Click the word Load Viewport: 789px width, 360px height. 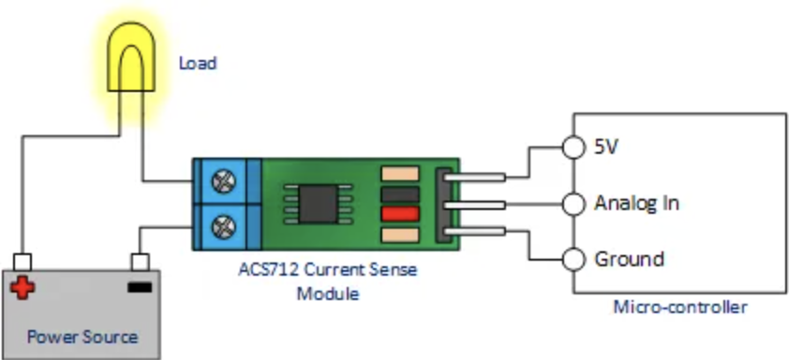coord(198,64)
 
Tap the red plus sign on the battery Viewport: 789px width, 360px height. coord(22,286)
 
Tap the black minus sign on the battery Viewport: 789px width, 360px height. coord(139,286)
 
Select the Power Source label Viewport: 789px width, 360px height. coord(82,337)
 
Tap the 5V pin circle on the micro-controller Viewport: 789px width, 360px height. coord(573,147)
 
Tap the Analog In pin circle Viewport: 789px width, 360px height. coord(573,202)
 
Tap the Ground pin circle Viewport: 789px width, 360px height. coord(573,258)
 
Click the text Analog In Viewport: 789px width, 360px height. coord(636,202)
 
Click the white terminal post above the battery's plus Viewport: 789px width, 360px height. coord(22,262)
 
